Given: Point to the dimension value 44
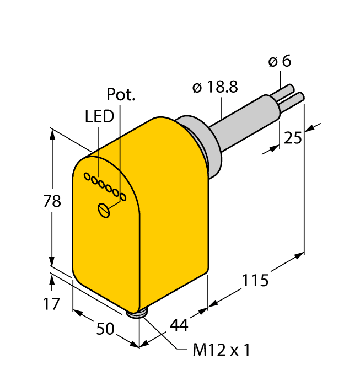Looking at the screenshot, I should coord(178,325).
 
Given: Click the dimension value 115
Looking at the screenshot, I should coord(255,281).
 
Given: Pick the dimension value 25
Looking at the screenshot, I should coord(292,137).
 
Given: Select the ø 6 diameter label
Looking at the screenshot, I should coord(280,62).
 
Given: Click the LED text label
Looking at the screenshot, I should coord(100,116).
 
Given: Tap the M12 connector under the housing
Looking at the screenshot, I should coord(137,314).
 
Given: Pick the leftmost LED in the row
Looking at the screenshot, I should coord(87,176).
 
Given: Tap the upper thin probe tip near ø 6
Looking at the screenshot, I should coord(287,90).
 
